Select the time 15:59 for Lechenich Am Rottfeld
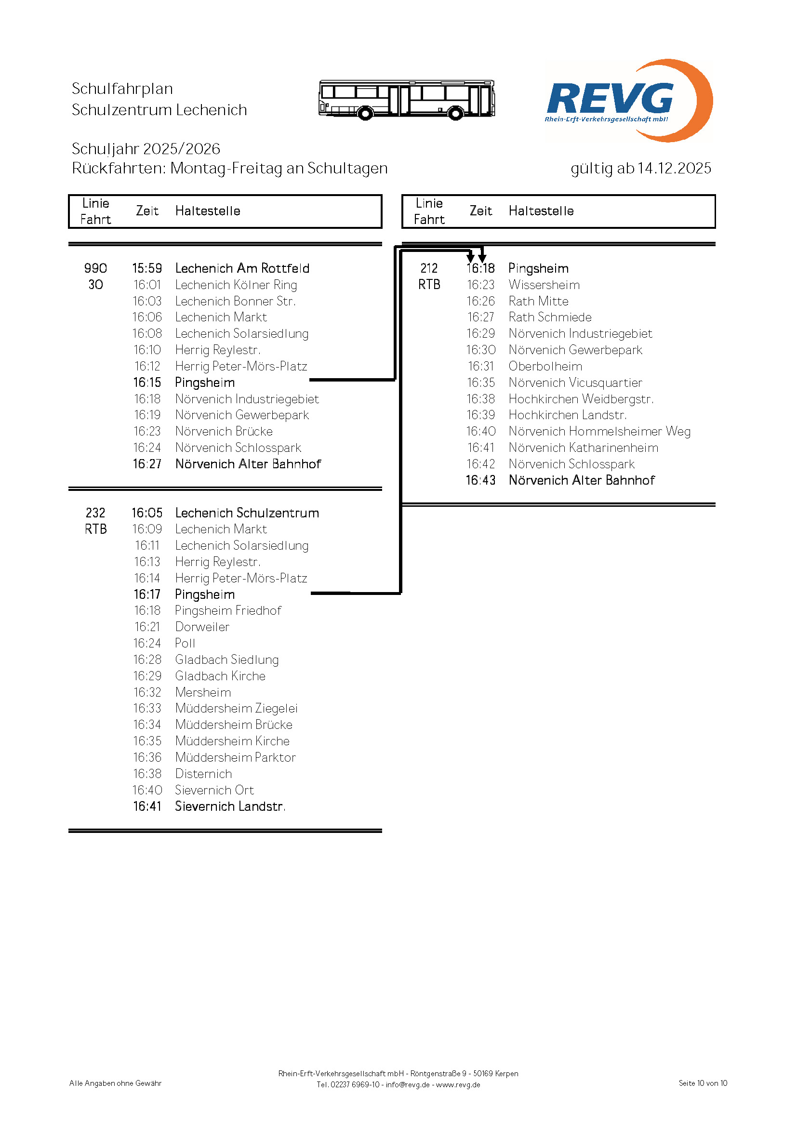pyautogui.click(x=147, y=268)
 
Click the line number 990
pyautogui.click(x=95, y=268)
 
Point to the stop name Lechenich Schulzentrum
pyautogui.click(x=247, y=513)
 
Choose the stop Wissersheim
pyautogui.click(x=544, y=285)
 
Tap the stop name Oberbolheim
pyautogui.click(x=545, y=366)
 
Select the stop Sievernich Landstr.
pyautogui.click(x=230, y=806)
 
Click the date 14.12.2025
pyautogui.click(x=674, y=168)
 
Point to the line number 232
pyautogui.click(x=95, y=513)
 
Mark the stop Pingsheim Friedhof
pyautogui.click(x=228, y=610)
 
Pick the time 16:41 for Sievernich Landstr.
pyautogui.click(x=147, y=806)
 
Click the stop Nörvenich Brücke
pyautogui.click(x=224, y=431)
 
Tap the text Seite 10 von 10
pyautogui.click(x=703, y=1083)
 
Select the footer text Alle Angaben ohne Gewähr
pyautogui.click(x=115, y=1083)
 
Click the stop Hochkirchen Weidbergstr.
pyautogui.click(x=581, y=399)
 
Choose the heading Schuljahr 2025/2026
pyautogui.click(x=146, y=149)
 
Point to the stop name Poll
pyautogui.click(x=185, y=643)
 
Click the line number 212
pyautogui.click(x=429, y=268)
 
